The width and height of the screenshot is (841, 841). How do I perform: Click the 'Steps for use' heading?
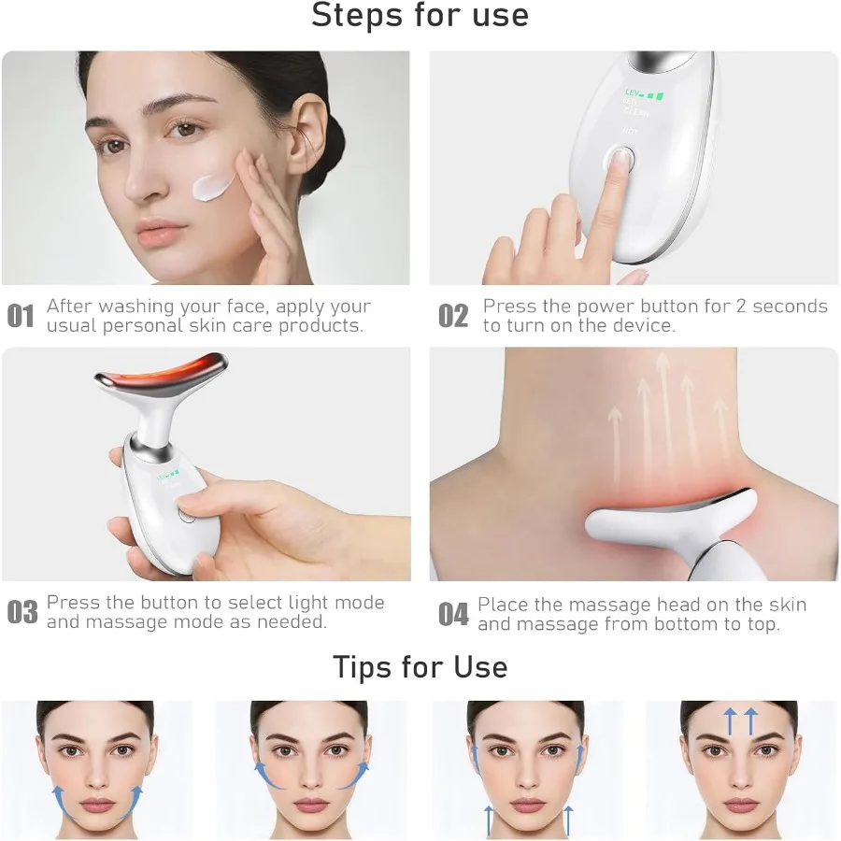tap(420, 16)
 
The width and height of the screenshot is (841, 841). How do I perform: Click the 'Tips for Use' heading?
tap(420, 667)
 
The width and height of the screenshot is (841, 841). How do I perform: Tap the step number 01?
tap(21, 316)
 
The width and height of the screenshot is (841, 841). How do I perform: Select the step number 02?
tap(453, 316)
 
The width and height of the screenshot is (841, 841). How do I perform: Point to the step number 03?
tap(21, 612)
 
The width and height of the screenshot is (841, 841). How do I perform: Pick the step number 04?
tap(453, 614)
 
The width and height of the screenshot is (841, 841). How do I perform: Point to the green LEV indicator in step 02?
tap(644, 94)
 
